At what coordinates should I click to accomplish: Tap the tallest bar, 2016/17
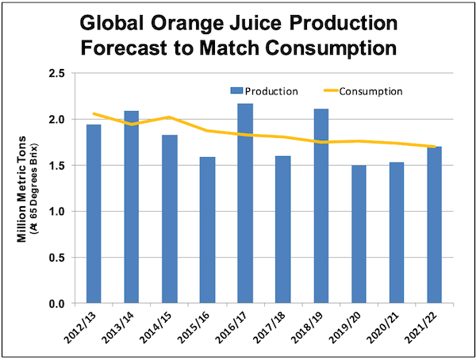245,204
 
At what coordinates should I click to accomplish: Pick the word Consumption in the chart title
328,47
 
